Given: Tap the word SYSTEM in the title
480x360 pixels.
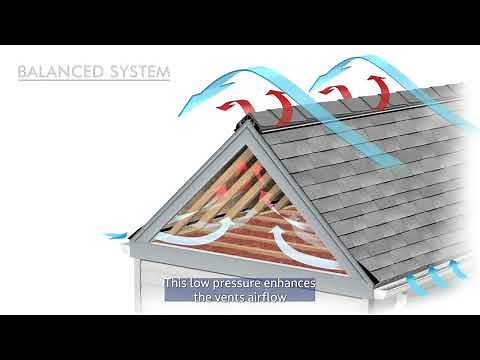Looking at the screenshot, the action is tap(138, 73).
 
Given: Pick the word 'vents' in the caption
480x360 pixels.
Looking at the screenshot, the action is tap(234, 297).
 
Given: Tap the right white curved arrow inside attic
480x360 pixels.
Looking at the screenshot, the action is tap(285, 240).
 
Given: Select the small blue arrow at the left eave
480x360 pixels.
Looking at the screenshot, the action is tap(112, 236).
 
